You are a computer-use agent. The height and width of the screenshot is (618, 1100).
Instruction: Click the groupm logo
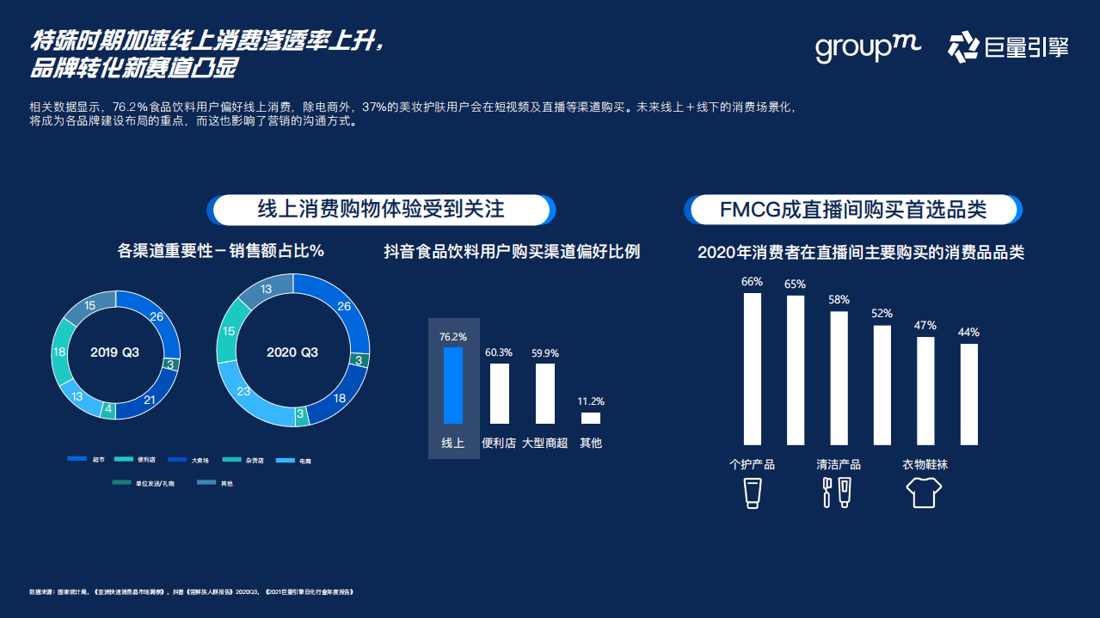pos(867,47)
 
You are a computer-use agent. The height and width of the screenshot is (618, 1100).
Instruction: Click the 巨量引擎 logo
pos(1008,47)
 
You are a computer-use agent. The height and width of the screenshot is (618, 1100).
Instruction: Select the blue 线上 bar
pos(452,385)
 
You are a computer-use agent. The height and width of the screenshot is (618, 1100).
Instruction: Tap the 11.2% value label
pos(592,401)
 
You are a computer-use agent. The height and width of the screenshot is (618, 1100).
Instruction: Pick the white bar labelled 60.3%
pos(499,394)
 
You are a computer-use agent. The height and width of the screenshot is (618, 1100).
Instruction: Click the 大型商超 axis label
pos(545,444)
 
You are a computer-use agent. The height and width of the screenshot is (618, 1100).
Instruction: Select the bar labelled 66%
pos(753,370)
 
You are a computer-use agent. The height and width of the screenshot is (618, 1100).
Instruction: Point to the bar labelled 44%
pos(969,395)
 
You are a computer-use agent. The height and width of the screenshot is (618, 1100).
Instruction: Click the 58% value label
pos(839,300)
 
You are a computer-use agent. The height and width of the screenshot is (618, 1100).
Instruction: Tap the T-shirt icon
pos(925,493)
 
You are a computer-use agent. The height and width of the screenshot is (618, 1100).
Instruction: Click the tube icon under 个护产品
pos(753,493)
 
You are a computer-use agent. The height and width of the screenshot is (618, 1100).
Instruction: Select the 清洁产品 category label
pos(839,465)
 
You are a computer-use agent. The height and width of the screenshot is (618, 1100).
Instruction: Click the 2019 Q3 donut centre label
pos(115,352)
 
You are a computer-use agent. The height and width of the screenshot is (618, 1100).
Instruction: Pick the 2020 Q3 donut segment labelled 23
pos(243,393)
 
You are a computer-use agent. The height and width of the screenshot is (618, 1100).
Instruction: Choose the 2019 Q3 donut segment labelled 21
pos(150,401)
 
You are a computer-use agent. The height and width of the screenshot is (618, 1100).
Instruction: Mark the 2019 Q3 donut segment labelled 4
pos(108,411)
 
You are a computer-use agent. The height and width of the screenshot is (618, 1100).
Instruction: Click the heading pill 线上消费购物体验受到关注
pos(381,210)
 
